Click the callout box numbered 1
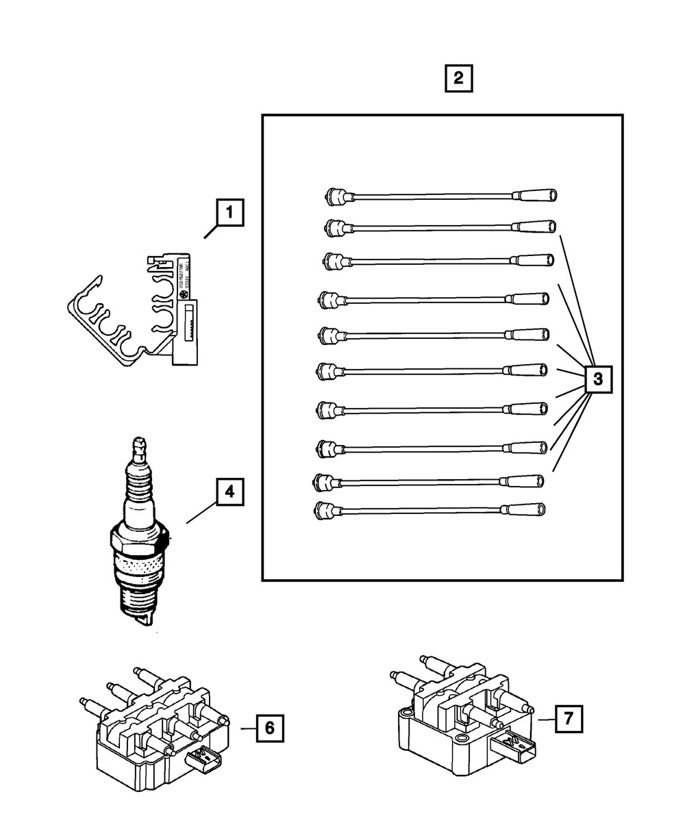click(229, 212)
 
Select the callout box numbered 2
click(458, 78)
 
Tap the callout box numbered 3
click(598, 379)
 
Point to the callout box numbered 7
click(569, 719)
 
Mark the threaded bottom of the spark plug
click(140, 599)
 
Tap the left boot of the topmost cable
click(337, 196)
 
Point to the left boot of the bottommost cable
click(325, 509)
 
